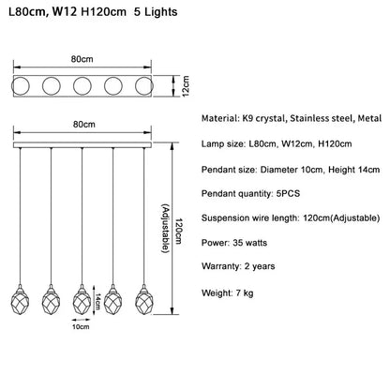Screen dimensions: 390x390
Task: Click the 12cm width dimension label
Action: click(x=186, y=86)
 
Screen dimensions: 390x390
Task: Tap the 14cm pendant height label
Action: click(x=98, y=301)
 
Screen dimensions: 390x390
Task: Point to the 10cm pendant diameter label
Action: click(x=81, y=327)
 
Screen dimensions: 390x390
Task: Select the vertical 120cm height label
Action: click(x=178, y=231)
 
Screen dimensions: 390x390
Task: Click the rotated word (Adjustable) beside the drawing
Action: click(x=166, y=229)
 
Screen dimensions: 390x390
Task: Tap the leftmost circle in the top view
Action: click(x=21, y=85)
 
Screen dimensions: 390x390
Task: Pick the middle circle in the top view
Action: click(x=82, y=85)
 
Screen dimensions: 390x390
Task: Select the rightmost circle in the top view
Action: click(x=144, y=85)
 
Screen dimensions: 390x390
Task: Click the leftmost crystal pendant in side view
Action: click(x=21, y=300)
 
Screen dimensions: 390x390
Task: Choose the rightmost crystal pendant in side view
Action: click(x=144, y=300)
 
